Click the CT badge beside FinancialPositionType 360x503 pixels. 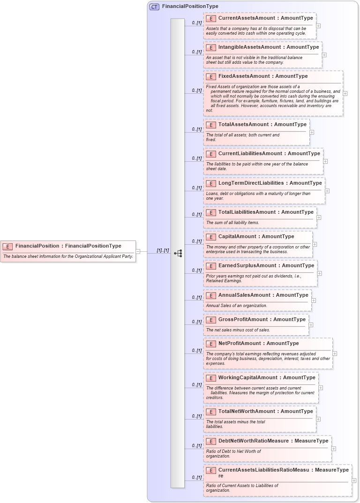154,7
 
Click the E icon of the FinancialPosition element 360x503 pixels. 7,246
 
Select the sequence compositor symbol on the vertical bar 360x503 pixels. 178,253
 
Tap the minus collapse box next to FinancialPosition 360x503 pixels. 138,251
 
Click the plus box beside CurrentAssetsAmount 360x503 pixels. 319,26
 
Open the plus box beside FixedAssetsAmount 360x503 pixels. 345,93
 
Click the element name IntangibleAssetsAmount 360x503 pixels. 250,47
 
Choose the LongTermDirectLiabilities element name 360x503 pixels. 251,183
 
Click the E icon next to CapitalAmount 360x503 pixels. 211,237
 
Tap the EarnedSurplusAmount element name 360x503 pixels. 246,265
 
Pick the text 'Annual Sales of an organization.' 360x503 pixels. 237,306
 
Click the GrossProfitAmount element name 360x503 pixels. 243,319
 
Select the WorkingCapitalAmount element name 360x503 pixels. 248,377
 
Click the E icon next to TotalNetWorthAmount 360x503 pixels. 211,412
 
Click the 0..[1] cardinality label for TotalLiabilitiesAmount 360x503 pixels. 197,215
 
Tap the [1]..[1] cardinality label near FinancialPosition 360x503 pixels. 163,250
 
